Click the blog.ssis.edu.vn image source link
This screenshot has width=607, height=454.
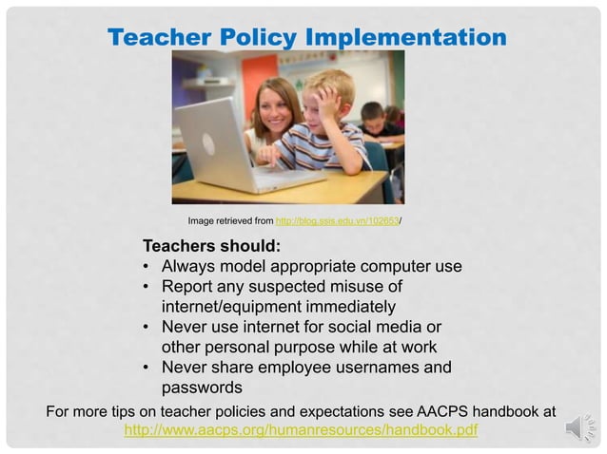tap(337, 220)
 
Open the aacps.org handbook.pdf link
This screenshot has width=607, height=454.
tap(301, 430)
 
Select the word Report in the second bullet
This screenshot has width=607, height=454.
tap(187, 287)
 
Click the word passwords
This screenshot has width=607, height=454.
tap(202, 388)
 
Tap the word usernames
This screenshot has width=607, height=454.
tap(365, 368)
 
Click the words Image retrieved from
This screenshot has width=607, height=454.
tap(230, 220)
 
